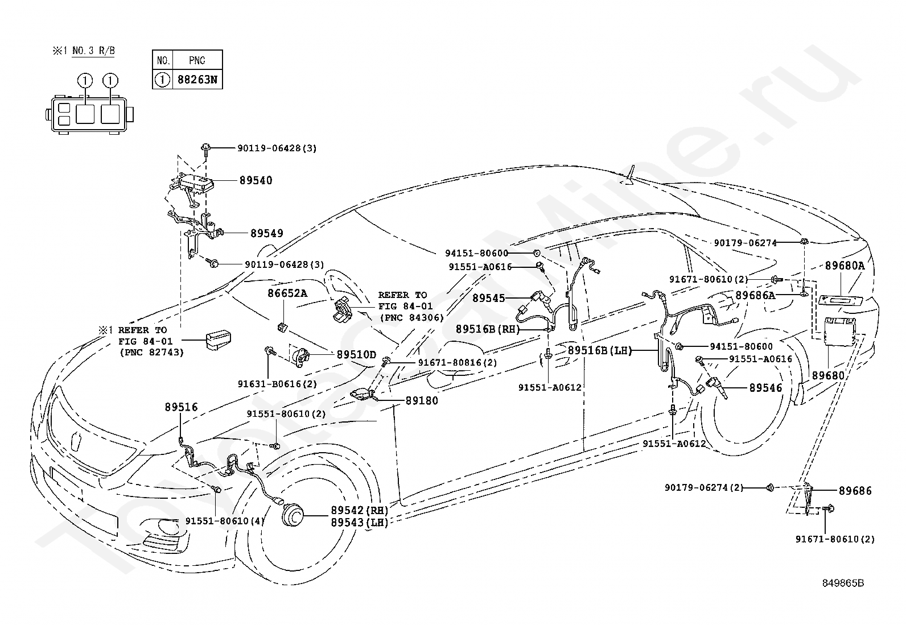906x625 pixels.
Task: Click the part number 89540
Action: [256, 180]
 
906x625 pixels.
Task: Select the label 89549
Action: [267, 233]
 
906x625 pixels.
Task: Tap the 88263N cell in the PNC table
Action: [197, 80]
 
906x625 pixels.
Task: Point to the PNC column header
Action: [197, 61]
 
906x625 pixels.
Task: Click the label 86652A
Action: [287, 293]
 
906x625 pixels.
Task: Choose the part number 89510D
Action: [356, 354]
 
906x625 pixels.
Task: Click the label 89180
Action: [422, 400]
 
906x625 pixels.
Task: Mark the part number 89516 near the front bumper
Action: [181, 407]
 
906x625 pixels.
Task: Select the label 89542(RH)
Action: [360, 510]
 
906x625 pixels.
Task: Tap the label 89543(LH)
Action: [360, 522]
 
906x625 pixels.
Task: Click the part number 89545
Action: [489, 299]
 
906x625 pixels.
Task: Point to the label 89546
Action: [765, 388]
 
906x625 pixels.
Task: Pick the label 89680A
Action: [845, 266]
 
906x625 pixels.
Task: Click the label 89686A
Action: [755, 296]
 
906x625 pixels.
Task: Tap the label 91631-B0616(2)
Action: [278, 384]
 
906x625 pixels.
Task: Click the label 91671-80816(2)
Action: [458, 363]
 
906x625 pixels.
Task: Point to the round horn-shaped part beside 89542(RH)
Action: [293, 516]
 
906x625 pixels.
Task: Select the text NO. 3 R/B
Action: [93, 51]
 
